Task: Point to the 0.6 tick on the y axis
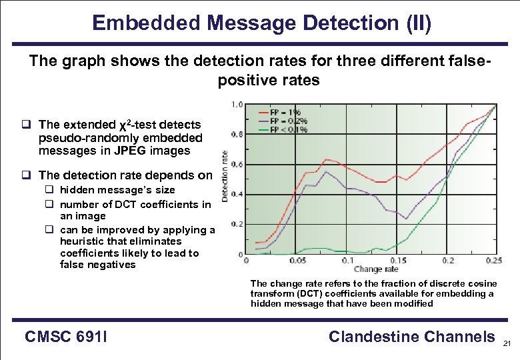237,165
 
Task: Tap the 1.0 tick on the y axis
237,105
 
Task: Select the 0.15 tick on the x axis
398,261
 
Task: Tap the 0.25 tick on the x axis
494,261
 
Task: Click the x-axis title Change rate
367,269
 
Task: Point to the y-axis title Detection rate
225,175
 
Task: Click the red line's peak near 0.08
326,159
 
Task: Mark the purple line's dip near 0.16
407,219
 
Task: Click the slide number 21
507,344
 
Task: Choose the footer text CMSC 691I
67,337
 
